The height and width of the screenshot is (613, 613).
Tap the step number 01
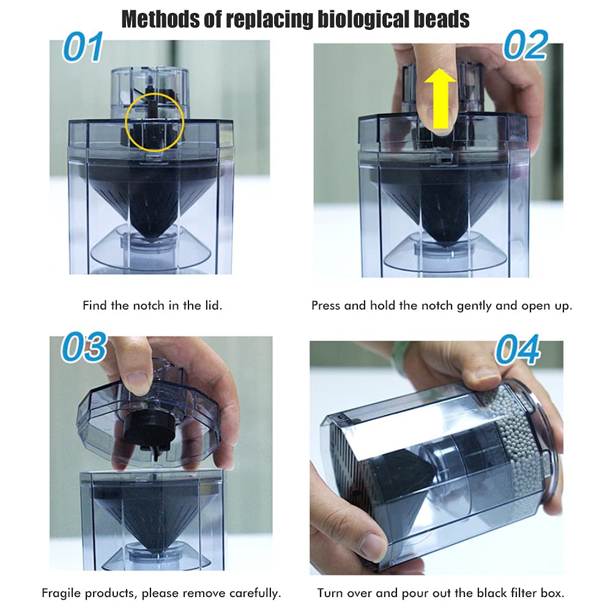click(x=83, y=47)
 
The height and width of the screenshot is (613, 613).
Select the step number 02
click(x=526, y=45)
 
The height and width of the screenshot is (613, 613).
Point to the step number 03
click(x=84, y=347)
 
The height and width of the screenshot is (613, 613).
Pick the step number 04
click(x=518, y=349)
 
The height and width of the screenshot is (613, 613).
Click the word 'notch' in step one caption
click(x=149, y=305)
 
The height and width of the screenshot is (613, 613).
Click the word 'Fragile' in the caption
click(x=61, y=593)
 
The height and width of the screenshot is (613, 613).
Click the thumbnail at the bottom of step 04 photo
click(x=373, y=544)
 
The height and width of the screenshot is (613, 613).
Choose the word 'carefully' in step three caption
click(x=255, y=593)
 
